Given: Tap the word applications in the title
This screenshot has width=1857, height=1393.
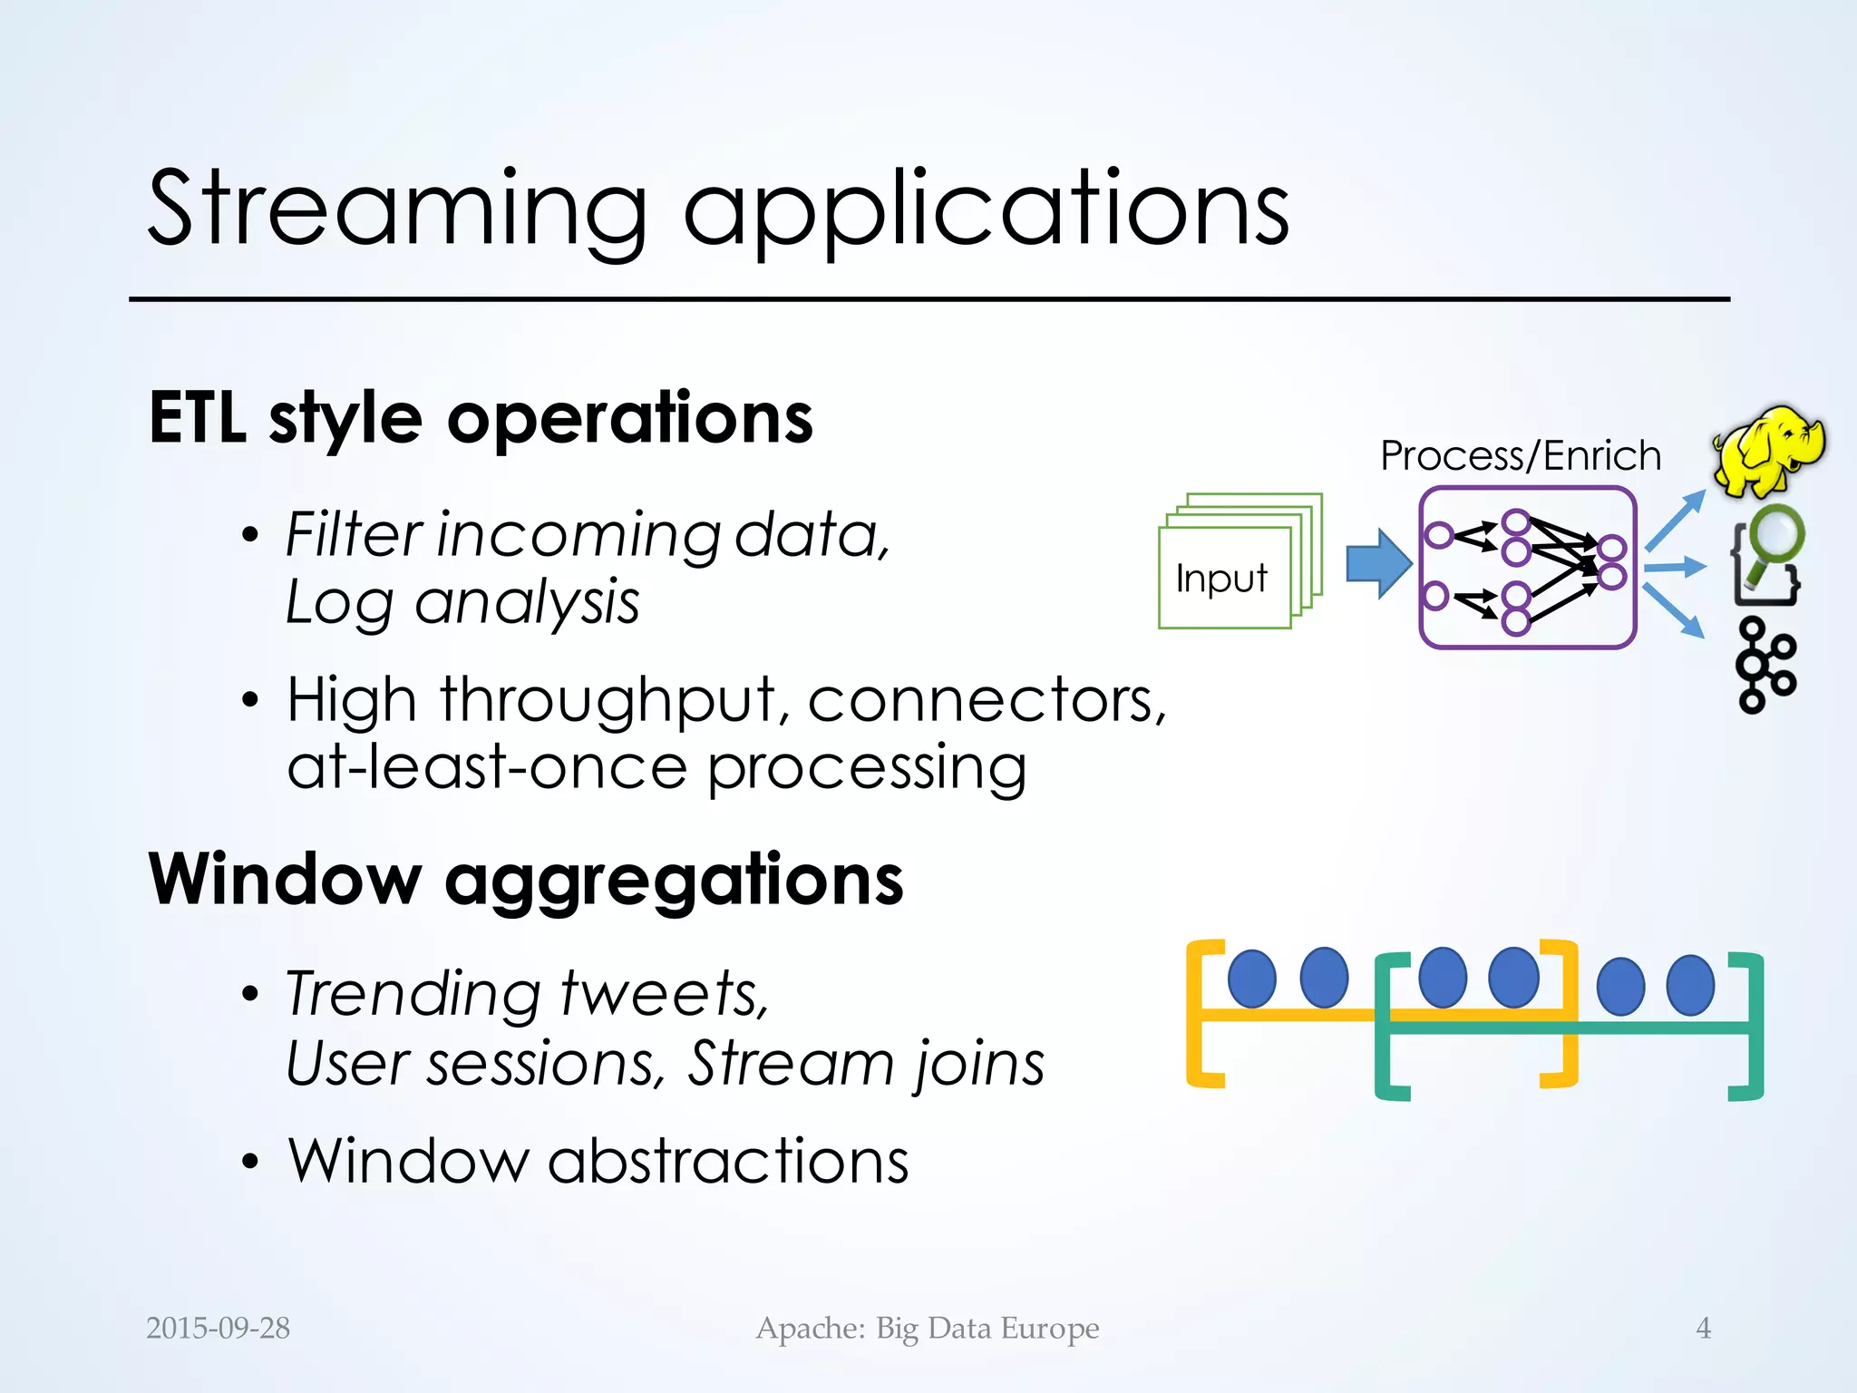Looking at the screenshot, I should pos(986,210).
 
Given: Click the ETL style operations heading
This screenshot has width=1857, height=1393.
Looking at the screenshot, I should pos(481,419).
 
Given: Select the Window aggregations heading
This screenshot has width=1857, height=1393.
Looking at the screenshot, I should pos(526,880).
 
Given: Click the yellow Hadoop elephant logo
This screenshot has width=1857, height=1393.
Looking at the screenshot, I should pos(1768,451).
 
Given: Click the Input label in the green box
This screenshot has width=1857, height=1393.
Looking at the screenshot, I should pos(1220,579).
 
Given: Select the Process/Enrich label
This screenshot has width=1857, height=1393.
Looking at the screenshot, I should pos(1521,455).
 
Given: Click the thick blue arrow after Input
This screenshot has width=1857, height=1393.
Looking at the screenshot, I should pos(1377,563).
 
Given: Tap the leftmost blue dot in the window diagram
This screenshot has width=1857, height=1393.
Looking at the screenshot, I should pos(1251,978).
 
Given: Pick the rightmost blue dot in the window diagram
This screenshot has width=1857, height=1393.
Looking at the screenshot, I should pos(1691,985).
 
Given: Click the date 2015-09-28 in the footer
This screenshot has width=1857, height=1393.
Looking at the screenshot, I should pos(218,1328).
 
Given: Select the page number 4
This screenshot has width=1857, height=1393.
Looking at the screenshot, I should pos(1703,1328).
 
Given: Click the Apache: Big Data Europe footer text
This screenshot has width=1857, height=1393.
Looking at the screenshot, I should pos(928,1328).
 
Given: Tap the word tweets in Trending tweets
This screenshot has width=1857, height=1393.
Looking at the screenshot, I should pos(664,994).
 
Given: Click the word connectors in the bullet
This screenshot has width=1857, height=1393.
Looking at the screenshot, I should pos(986,700).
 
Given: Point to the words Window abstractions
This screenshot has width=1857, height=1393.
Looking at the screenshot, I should pos(598,1161).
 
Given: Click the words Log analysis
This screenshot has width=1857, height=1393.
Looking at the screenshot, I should pos(462,602).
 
